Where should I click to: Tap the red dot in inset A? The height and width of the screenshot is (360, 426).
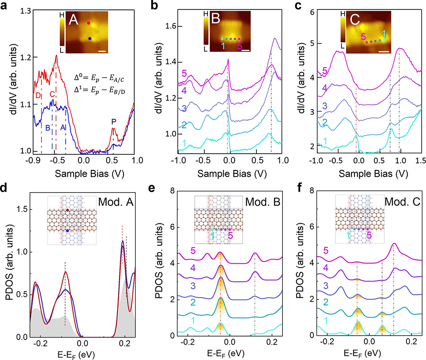point(89,23)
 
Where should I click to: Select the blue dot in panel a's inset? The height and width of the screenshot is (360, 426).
point(90,38)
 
